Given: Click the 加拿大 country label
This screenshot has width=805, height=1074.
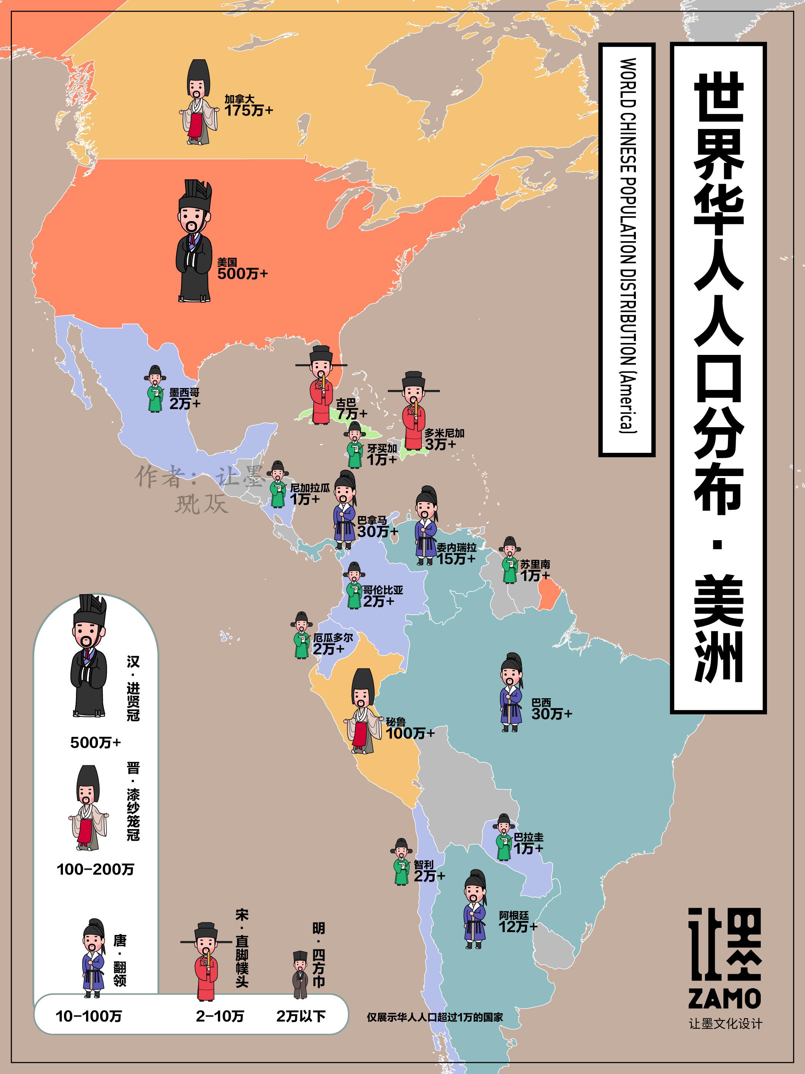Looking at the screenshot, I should pos(239,99).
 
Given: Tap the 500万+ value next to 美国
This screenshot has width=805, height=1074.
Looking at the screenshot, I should pos(242,274).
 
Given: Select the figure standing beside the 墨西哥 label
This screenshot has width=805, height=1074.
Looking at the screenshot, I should pos(155,389).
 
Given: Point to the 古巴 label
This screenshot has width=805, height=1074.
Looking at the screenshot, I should pos(346,403).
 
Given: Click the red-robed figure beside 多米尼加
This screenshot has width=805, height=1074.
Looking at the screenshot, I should pos(413,411).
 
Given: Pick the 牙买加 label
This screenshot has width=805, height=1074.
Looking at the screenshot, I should pos(382,448).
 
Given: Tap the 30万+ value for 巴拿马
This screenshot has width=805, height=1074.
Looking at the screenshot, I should pos(377,532).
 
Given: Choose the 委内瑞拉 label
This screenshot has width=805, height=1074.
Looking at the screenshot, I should pos(456,547).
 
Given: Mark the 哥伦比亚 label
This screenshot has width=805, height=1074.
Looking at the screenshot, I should pos(383,590).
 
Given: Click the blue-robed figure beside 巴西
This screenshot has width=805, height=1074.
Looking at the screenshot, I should pos(511,692).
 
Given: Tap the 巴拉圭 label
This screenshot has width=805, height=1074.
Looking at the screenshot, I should pos(529,837).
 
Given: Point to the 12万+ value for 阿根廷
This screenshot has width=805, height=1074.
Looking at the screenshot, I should pos(518,926).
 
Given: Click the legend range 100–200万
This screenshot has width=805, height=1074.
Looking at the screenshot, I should pos(95,869).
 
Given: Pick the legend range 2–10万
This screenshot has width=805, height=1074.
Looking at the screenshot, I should pos(220,1016).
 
